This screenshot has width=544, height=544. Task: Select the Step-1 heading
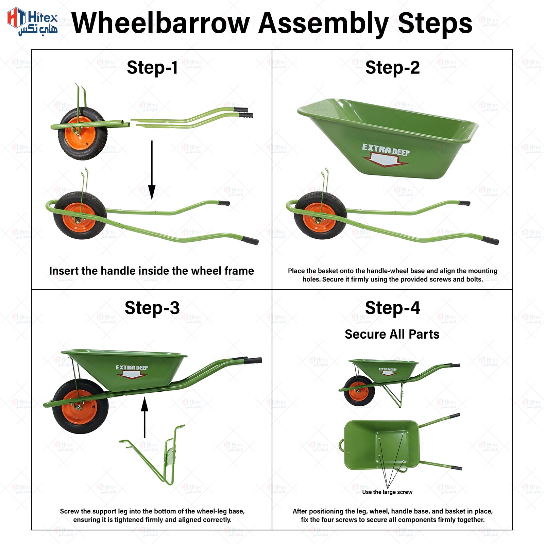(152, 67)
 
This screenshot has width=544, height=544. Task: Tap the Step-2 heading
(392, 67)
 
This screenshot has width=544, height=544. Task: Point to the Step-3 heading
(152, 308)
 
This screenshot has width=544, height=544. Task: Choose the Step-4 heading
(392, 308)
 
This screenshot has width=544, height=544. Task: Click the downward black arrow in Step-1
(152, 170)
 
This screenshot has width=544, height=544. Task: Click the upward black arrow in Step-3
(144, 418)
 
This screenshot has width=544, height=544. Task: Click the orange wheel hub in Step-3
(80, 407)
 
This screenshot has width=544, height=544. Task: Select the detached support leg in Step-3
(156, 456)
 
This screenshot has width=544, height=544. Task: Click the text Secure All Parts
(392, 334)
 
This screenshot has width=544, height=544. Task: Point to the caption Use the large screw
(387, 492)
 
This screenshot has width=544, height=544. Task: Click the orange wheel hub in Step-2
(319, 218)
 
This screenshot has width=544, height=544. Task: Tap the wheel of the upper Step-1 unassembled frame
(82, 134)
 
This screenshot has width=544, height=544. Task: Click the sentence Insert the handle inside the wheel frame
(152, 271)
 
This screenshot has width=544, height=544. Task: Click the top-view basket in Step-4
(381, 445)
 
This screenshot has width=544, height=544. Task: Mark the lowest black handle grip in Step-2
(490, 240)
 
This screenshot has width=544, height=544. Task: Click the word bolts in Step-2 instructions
(474, 279)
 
